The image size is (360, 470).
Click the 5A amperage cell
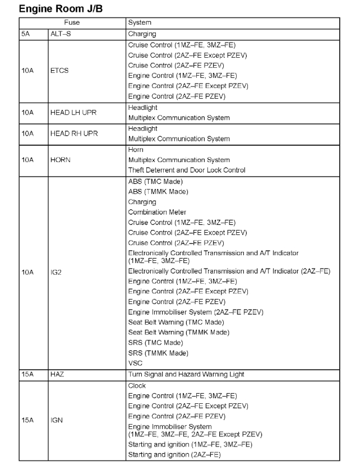[25, 33]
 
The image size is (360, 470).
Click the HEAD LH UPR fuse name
[70, 113]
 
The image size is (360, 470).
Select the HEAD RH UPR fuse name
[70, 133]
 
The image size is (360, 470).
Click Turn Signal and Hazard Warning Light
[186, 374]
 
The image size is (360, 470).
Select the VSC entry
[135, 363]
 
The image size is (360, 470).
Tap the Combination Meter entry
[157, 212]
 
